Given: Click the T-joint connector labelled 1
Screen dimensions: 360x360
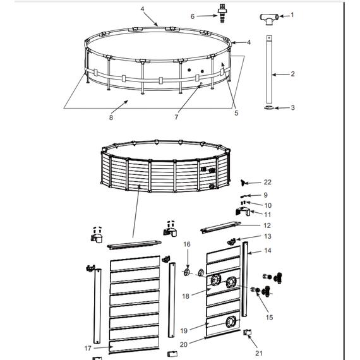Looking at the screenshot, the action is pyautogui.click(x=269, y=18).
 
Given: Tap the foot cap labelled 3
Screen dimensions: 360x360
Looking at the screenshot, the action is pyautogui.click(x=269, y=107).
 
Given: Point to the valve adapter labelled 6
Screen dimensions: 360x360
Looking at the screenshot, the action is pyautogui.click(x=222, y=13).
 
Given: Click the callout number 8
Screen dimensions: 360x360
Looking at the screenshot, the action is pyautogui.click(x=111, y=117).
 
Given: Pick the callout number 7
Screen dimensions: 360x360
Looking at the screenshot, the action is pyautogui.click(x=176, y=117).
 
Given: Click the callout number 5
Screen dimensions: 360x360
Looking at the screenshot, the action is pyautogui.click(x=236, y=113).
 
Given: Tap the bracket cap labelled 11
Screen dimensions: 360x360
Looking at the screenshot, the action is pyautogui.click(x=243, y=212).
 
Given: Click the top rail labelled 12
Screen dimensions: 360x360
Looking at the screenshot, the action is pyautogui.click(x=221, y=227).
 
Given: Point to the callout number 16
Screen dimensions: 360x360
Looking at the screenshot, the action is pyautogui.click(x=187, y=244).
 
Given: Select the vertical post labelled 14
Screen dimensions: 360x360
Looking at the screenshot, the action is pyautogui.click(x=245, y=279).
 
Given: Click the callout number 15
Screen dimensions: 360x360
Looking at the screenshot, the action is pyautogui.click(x=269, y=317).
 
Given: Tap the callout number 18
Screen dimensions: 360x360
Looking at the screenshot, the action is pyautogui.click(x=186, y=296).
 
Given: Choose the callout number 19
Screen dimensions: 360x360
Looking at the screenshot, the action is pyautogui.click(x=184, y=330).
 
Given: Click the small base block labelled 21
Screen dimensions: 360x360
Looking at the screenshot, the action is pyautogui.click(x=247, y=332).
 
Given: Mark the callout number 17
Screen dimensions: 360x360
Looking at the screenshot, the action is pyautogui.click(x=88, y=348).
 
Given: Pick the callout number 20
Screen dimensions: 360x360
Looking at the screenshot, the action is pyautogui.click(x=184, y=344).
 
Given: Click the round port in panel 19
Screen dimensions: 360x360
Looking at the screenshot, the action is pyautogui.click(x=231, y=321).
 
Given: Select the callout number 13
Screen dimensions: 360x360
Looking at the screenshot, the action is pyautogui.click(x=268, y=236).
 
